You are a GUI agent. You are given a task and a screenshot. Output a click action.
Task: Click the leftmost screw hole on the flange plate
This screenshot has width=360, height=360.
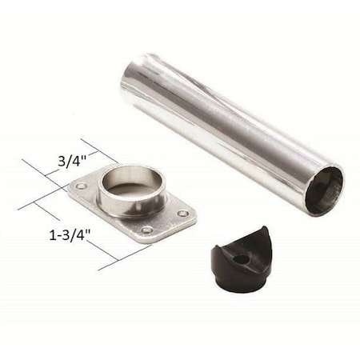[x=82, y=186]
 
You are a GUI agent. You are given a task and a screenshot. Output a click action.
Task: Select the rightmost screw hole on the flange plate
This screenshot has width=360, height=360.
[x=183, y=214]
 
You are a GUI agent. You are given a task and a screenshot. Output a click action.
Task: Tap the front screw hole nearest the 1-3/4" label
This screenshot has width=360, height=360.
[x=147, y=230]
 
